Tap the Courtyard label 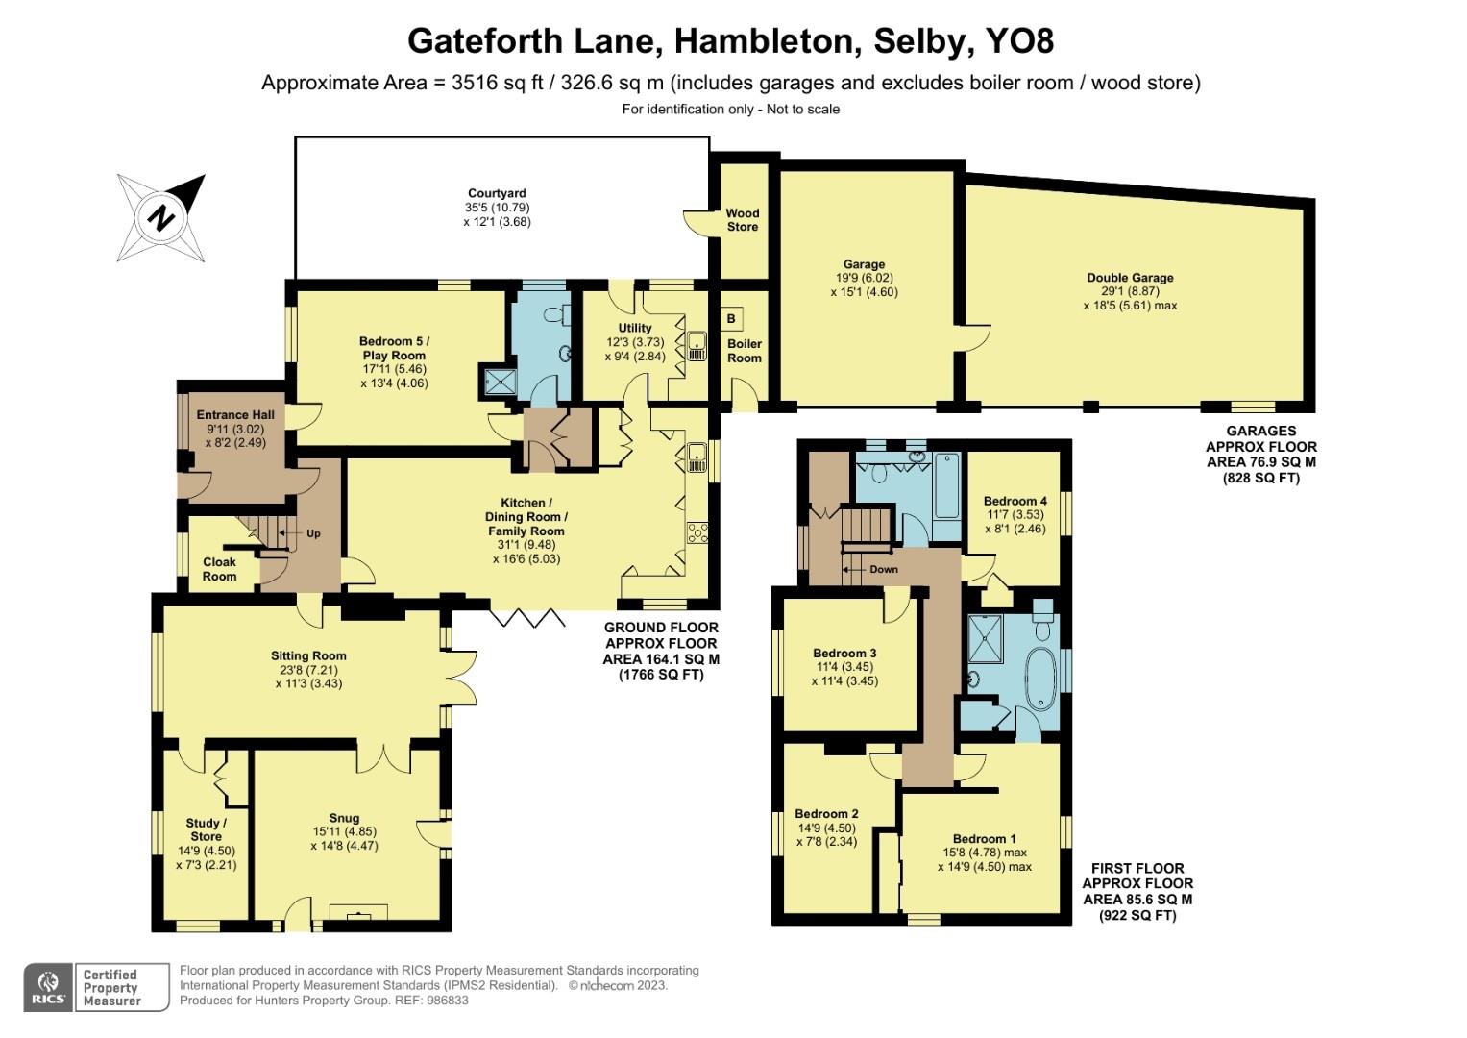pos(497,193)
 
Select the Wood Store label pos(742,220)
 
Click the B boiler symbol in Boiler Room pos(732,318)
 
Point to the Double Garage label pos(1130,278)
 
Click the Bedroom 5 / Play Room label pos(394,348)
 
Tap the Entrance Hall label pos(236,415)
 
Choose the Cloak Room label pos(219,569)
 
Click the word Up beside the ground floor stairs pos(313,533)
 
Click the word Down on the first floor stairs pos(883,569)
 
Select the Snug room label pos(344,819)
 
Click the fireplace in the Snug pos(359,912)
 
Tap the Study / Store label pos(206,829)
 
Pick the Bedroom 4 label pos(1015,501)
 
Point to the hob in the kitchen pos(697,531)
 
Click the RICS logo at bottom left pos(48,987)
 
